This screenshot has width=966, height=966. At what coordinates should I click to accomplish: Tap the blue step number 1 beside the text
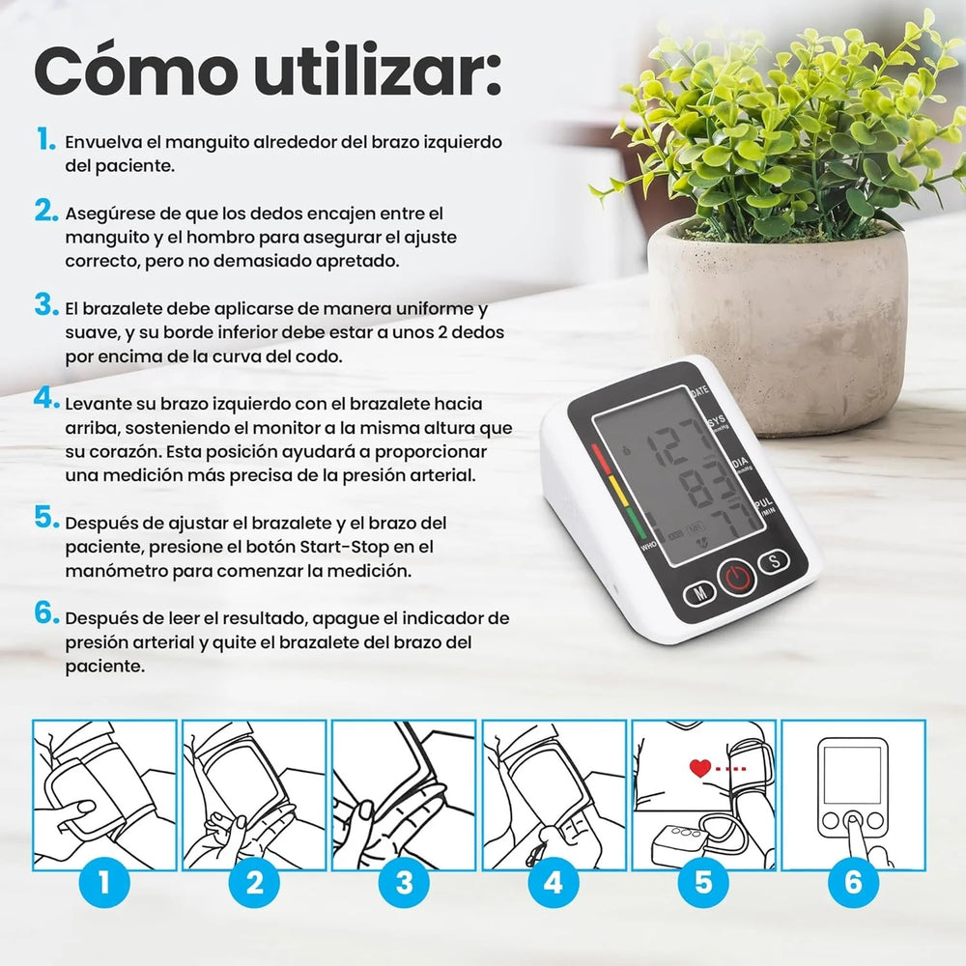click(45, 140)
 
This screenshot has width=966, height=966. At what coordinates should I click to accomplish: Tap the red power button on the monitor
click(735, 579)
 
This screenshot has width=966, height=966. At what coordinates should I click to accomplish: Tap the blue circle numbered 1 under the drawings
click(104, 882)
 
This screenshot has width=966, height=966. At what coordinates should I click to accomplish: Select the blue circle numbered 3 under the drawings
click(404, 882)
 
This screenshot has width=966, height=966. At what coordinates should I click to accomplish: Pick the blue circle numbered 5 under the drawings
click(703, 882)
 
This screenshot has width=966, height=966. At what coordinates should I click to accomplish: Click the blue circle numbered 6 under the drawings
click(852, 882)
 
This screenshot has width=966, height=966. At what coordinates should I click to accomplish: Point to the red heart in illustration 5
click(699, 769)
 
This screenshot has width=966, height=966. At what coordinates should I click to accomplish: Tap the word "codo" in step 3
click(320, 355)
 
